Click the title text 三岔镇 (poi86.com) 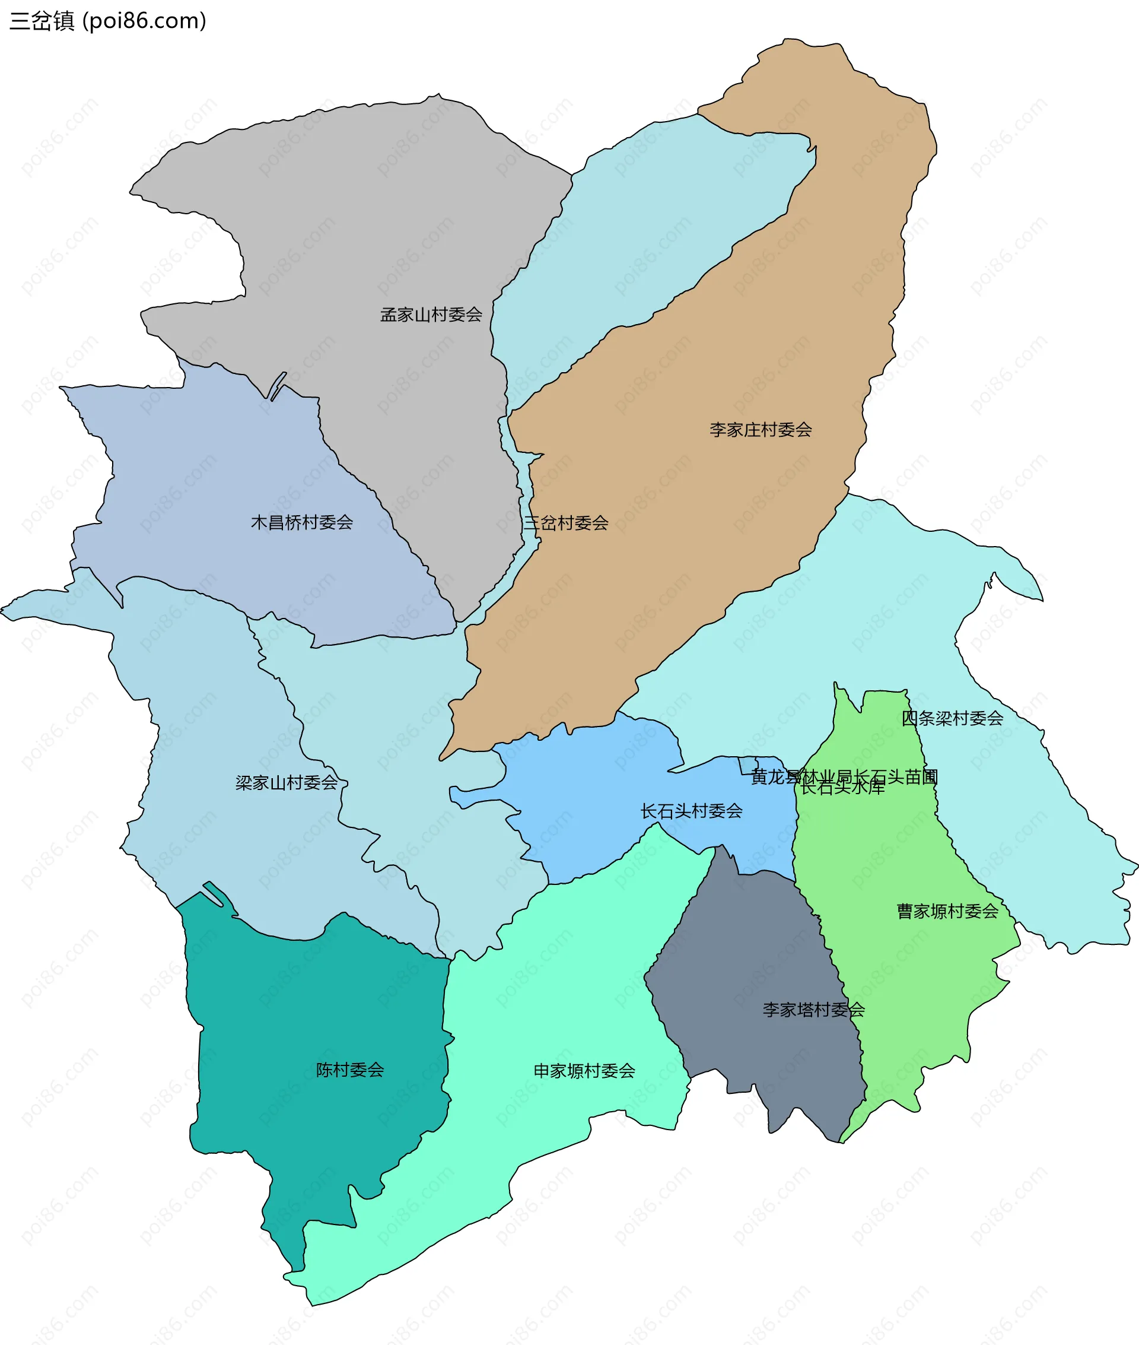(108, 21)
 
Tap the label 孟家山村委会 (431, 315)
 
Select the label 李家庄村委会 (761, 430)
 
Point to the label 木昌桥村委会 (301, 522)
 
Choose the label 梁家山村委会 (286, 782)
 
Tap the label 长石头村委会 (691, 811)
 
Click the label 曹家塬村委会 (947, 911)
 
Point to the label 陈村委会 (350, 1070)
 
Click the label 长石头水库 (842, 788)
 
